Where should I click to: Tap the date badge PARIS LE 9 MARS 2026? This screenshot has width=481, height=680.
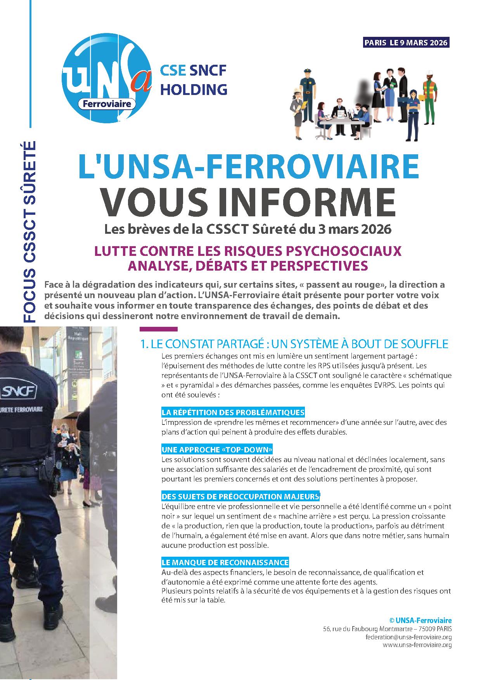[x=406, y=43]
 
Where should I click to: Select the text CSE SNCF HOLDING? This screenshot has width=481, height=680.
[x=194, y=79]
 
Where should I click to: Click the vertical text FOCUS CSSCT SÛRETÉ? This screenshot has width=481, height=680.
[x=30, y=227]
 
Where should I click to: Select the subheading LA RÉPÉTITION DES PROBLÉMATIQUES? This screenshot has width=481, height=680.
[x=233, y=412]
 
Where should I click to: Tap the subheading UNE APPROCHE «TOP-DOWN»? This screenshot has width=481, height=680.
[x=217, y=450]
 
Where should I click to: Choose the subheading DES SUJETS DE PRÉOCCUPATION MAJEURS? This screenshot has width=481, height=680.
[x=240, y=497]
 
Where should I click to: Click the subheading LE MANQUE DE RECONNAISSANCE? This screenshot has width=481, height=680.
[x=225, y=562]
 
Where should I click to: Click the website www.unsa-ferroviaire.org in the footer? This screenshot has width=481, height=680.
[x=417, y=645]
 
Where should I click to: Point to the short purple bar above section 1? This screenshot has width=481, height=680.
[x=158, y=329]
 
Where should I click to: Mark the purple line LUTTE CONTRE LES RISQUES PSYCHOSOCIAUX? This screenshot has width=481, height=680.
[x=248, y=251]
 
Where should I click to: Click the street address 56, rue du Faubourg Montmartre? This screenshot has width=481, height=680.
[x=387, y=629]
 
